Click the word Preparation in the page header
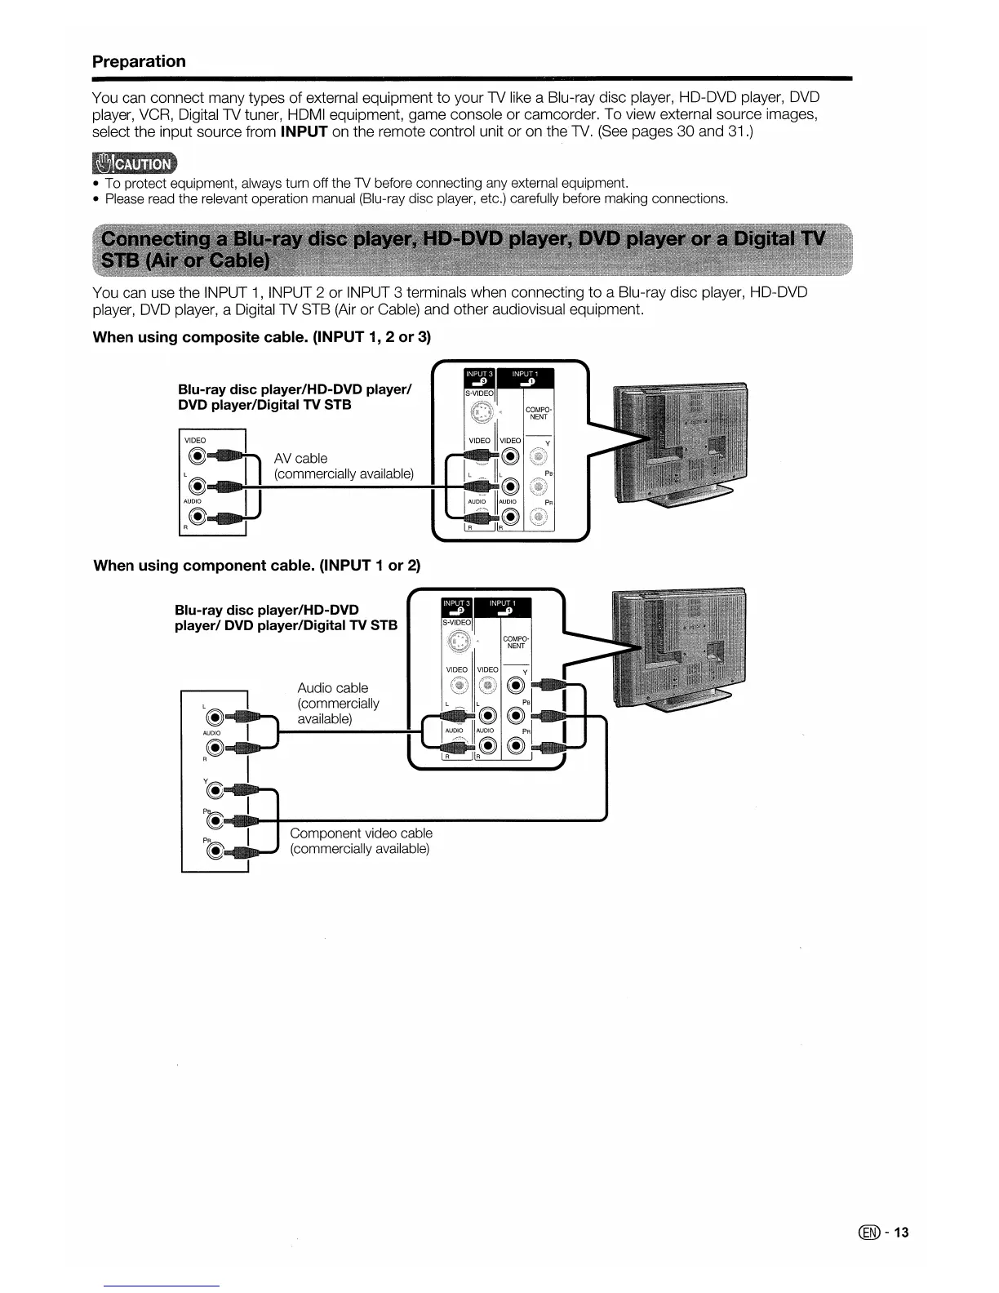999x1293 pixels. point(139,62)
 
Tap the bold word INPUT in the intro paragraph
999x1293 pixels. point(304,131)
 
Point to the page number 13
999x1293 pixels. point(900,1233)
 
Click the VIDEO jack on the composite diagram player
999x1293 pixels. point(196,457)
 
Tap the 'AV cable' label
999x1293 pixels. point(300,459)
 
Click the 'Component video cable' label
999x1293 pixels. point(361,833)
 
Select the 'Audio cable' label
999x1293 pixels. point(333,688)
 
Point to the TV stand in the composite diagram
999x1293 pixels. point(694,493)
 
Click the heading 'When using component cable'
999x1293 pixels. point(256,566)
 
